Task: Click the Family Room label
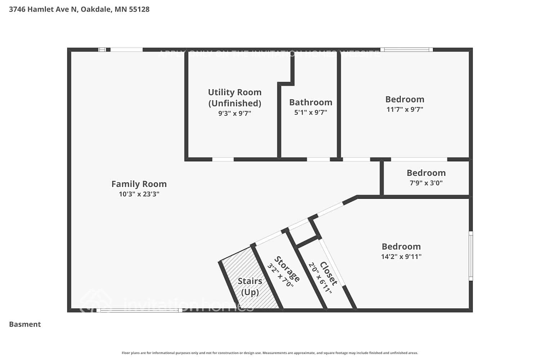coord(139,184)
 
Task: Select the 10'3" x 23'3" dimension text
coord(139,194)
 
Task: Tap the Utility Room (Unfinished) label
coord(235,98)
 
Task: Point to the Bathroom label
coord(311,102)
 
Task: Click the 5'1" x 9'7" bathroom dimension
coord(311,112)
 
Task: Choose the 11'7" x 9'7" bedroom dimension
coord(405,109)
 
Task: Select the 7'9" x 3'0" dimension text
coord(426,183)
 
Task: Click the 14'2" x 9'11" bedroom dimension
coord(401,257)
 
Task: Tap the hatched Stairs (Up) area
coord(250,281)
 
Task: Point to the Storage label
coord(287,269)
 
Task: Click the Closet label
coord(329,274)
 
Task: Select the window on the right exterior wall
coord(471,256)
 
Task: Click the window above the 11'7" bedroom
coord(406,50)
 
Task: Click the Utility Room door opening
coord(223,159)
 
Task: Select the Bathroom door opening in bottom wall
coord(318,159)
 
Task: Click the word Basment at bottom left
coord(25,324)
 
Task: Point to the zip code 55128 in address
coord(139,9)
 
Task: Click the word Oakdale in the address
coord(95,9)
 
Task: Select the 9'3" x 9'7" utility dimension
coord(235,113)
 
